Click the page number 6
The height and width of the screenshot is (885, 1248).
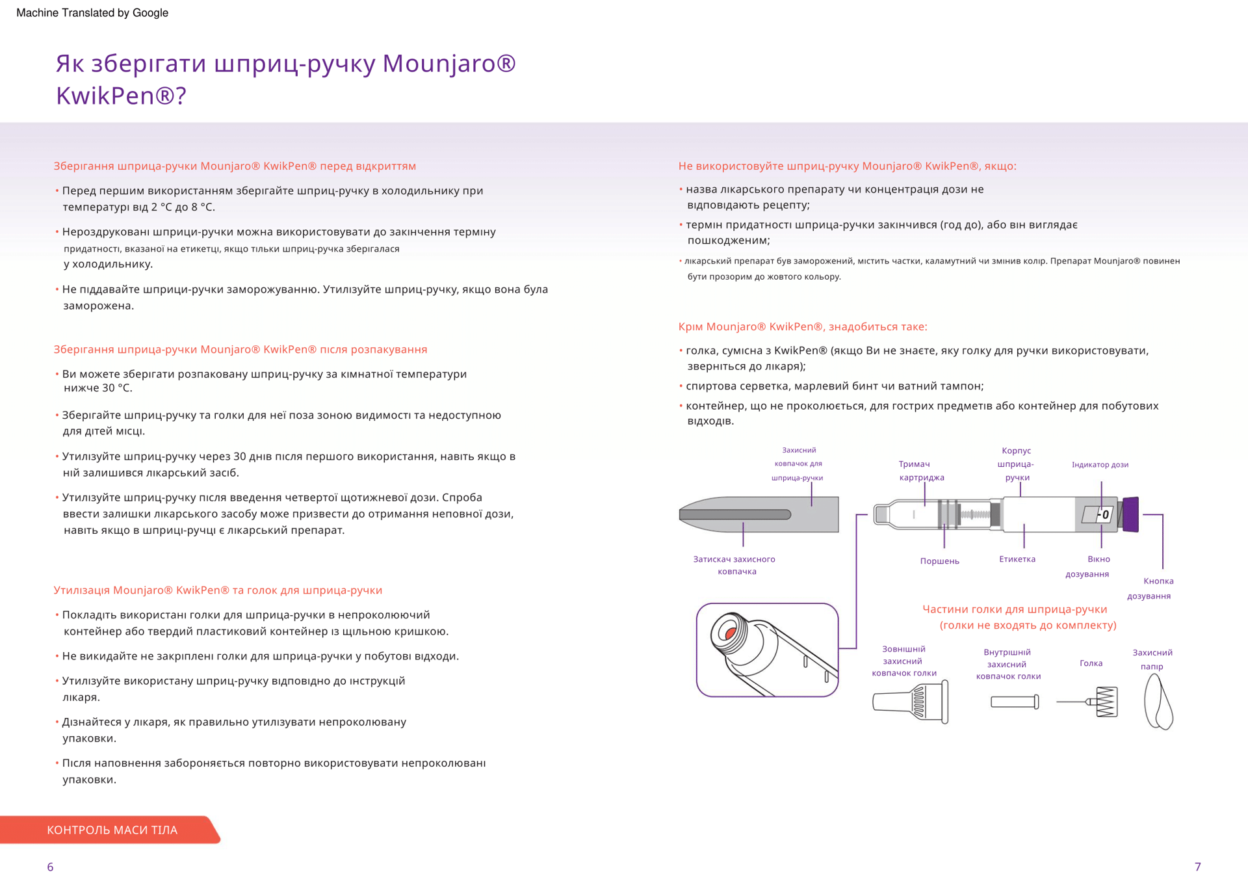pyautogui.click(x=50, y=867)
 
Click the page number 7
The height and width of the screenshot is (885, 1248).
pyautogui.click(x=1197, y=867)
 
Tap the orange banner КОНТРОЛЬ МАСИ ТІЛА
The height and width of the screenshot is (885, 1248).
pyautogui.click(x=112, y=830)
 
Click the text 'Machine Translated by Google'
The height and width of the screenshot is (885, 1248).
pyautogui.click(x=92, y=13)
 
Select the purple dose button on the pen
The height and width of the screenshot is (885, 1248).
pyautogui.click(x=1131, y=514)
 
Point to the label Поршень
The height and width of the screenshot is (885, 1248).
pyautogui.click(x=939, y=561)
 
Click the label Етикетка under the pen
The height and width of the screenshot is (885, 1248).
pyautogui.click(x=1017, y=559)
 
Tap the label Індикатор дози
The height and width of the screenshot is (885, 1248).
pyautogui.click(x=1100, y=464)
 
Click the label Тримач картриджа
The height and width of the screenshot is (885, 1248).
pyautogui.click(x=921, y=470)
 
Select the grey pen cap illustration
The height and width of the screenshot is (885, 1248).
pyautogui.click(x=759, y=514)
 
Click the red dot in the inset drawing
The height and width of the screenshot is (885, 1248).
pyautogui.click(x=731, y=632)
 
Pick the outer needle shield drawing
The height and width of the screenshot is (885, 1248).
pyautogui.click(x=911, y=702)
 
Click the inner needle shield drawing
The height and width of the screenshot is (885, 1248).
pyautogui.click(x=1015, y=702)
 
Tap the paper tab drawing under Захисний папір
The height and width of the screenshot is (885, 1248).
pyautogui.click(x=1158, y=702)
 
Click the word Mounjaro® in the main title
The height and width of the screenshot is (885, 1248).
pyautogui.click(x=448, y=63)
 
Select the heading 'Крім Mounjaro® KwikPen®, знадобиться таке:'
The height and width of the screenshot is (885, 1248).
pyautogui.click(x=803, y=326)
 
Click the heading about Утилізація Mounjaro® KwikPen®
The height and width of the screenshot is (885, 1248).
pyautogui.click(x=218, y=590)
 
